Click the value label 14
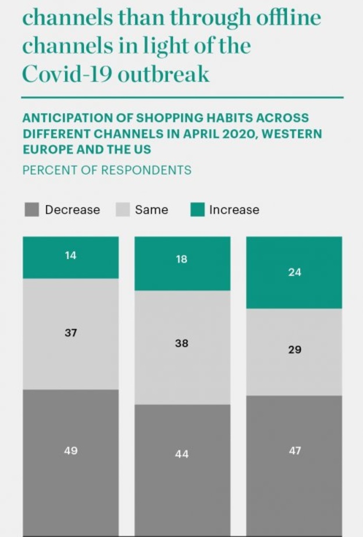(x=70, y=255)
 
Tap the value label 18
(x=181, y=259)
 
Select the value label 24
(x=294, y=272)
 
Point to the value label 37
(x=70, y=333)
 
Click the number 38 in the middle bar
(x=181, y=343)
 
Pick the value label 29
(x=294, y=350)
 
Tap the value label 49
(x=70, y=450)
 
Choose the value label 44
(x=181, y=454)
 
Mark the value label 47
(x=294, y=450)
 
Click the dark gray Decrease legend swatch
(x=32, y=210)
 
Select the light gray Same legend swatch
(x=123, y=210)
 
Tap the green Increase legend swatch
(x=198, y=210)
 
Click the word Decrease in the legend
(x=72, y=210)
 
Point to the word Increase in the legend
(x=234, y=210)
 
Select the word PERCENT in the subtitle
(x=45, y=170)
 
